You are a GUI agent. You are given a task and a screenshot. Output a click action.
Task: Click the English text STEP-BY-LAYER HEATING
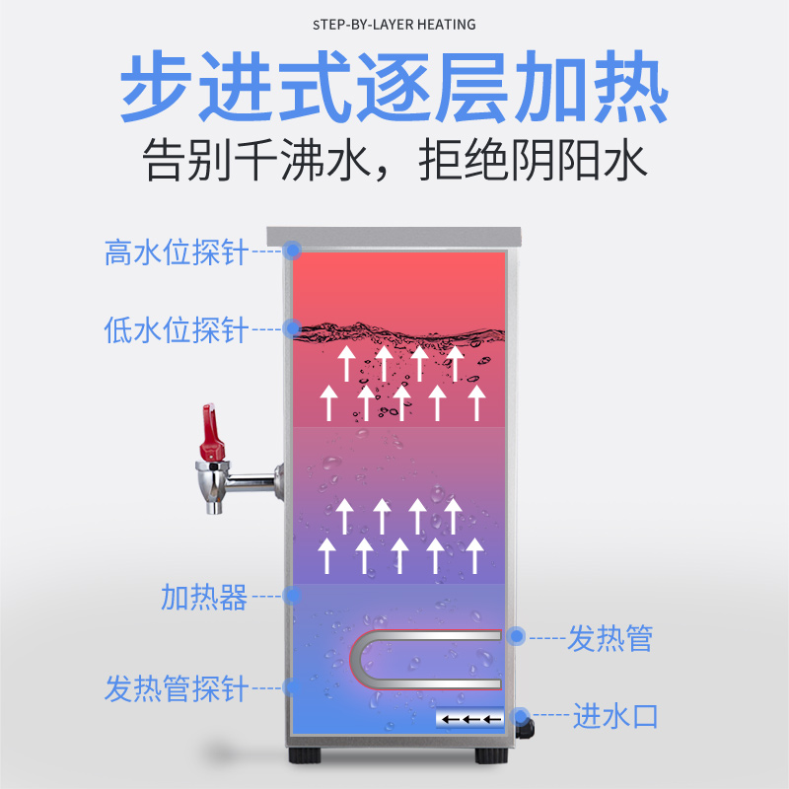394,24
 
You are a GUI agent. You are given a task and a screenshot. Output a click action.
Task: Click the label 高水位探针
177,252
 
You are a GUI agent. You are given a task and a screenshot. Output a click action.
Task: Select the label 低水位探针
177,329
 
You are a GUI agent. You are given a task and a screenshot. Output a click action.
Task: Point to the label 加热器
204,597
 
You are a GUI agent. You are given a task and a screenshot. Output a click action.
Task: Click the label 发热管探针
177,687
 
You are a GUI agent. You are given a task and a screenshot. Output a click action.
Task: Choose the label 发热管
610,638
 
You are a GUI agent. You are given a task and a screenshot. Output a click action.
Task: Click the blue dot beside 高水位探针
292,251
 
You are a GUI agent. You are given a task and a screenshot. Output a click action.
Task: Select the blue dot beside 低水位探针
292,327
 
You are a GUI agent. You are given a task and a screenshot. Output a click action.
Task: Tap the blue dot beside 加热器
292,596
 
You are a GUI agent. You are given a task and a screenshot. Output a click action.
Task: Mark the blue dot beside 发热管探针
292,685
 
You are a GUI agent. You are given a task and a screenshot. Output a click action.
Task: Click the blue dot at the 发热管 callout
515,637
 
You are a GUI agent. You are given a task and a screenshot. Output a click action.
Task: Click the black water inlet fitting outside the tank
526,731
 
